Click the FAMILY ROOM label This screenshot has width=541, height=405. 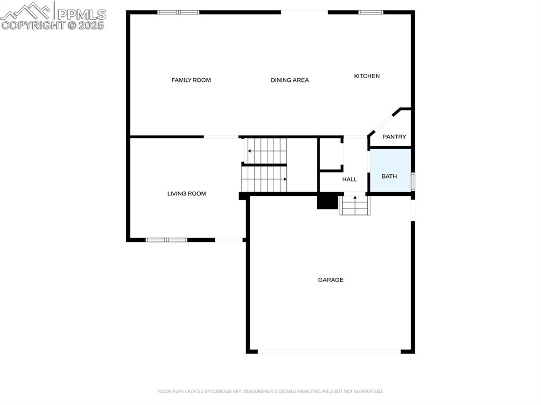tap(191, 80)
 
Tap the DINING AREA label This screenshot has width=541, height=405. tap(290, 80)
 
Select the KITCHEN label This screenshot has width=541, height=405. tap(367, 76)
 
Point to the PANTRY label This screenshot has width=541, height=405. tap(394, 137)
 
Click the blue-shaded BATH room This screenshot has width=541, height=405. tap(389, 171)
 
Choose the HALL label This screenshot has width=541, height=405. tap(349, 180)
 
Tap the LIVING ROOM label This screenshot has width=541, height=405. tap(186, 194)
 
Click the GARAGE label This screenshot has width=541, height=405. tap(331, 280)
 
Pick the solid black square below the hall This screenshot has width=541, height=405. tap(328, 202)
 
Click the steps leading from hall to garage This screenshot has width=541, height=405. tap(355, 205)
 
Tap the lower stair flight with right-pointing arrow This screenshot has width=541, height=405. tap(264, 179)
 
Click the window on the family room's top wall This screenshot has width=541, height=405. tap(178, 12)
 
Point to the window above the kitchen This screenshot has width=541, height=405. tap(371, 12)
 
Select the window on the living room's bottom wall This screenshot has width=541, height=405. tap(166, 240)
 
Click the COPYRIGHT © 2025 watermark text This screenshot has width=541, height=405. tap(53, 25)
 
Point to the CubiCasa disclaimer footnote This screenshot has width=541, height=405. tap(270, 391)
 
